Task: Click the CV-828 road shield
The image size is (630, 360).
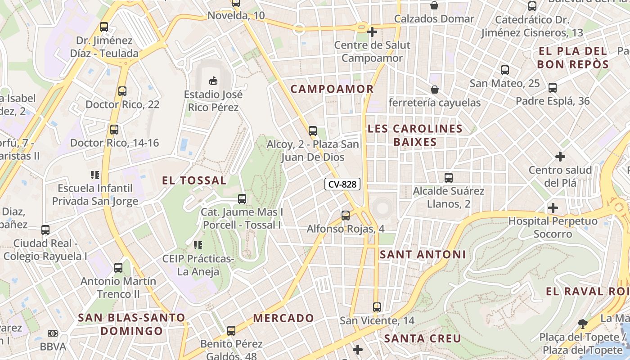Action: pos(342,184)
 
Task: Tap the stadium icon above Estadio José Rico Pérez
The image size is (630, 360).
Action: pos(213,81)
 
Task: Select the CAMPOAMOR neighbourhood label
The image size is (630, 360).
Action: pos(332,89)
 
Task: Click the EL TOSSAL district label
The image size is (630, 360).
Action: pos(194,180)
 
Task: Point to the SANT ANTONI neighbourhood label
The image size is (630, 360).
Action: pos(423,255)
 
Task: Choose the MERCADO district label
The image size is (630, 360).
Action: pos(283,318)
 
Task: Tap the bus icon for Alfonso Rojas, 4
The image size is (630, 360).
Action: pos(346,216)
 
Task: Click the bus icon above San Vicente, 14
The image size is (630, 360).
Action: pos(377,307)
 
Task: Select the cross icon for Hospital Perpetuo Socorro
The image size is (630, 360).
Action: pos(553,208)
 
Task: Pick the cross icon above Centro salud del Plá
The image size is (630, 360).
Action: pos(560,157)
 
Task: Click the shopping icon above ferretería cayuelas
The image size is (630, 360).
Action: pos(435,90)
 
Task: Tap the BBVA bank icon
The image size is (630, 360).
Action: pos(53,333)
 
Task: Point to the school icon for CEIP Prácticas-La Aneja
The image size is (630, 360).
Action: pos(198,245)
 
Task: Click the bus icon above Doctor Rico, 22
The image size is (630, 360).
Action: pos(122,91)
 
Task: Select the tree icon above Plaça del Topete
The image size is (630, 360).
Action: pos(583,324)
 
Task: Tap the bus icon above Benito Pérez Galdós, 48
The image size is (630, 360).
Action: pos(231,331)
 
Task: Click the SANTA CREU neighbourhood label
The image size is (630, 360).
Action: pos(423,338)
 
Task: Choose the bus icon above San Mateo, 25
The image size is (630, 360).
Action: pos(505,70)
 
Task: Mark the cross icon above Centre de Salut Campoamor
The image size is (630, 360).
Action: pos(372,32)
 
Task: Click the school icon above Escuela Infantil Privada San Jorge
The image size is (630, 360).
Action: pos(94,175)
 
